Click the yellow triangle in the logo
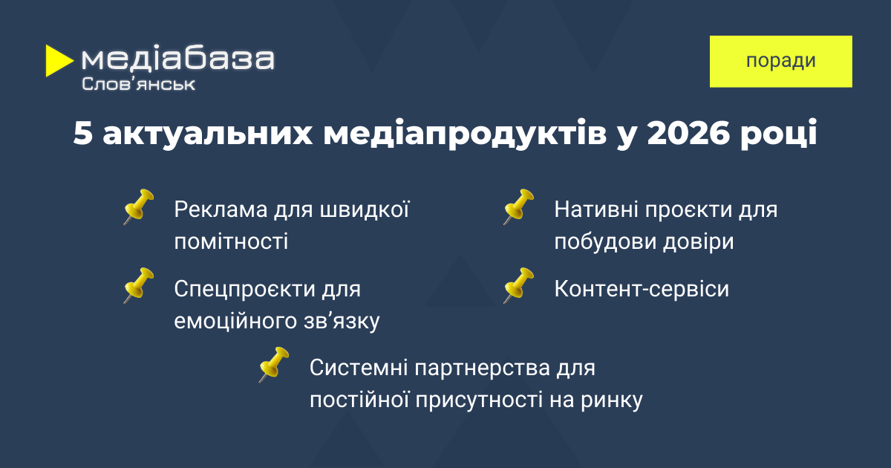point(57,60)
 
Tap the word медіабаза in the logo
point(177,59)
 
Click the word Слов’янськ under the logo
point(138,84)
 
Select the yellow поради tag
point(781,61)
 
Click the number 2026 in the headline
point(689,133)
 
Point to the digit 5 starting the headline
point(83,133)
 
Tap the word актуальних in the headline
point(208,133)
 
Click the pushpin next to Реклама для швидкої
point(138,207)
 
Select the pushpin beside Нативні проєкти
point(519,207)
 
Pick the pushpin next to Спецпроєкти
point(138,285)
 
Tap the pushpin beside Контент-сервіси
point(519,285)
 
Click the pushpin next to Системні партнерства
point(274,365)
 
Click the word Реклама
point(221,209)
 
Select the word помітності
point(231,242)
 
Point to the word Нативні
point(596,209)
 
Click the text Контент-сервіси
point(642,288)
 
